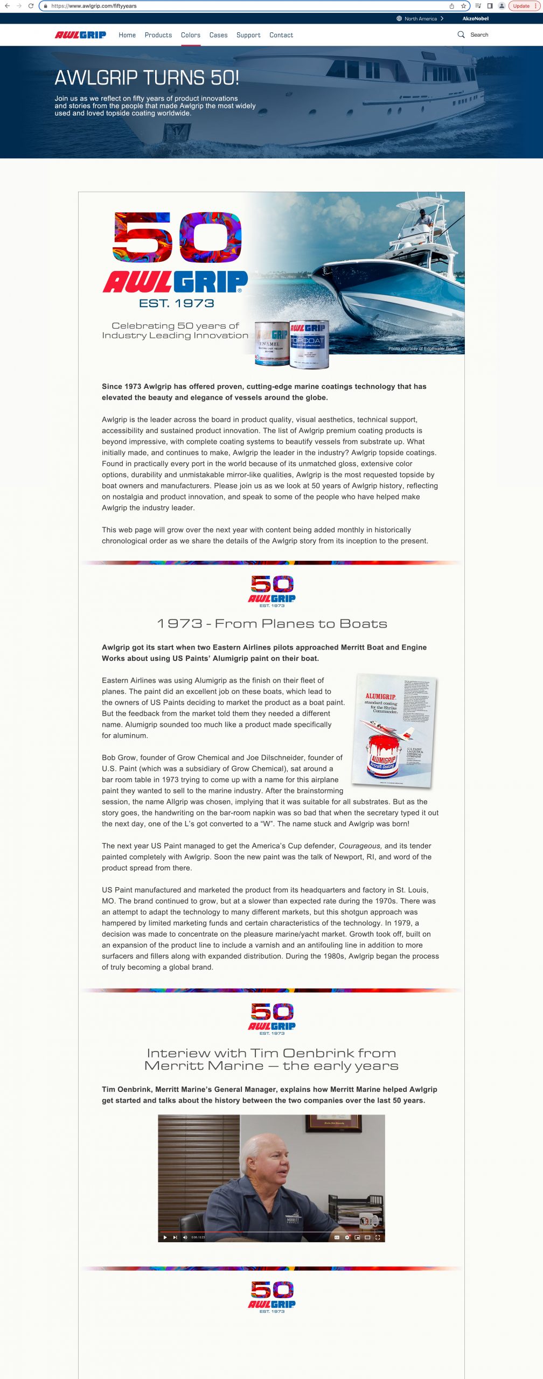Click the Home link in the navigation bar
tap(127, 35)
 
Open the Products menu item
tap(158, 35)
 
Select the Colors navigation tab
tap(191, 35)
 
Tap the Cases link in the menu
tap(218, 35)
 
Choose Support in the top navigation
tap(248, 35)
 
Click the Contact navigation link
tap(281, 35)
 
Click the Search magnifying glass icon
tap(461, 34)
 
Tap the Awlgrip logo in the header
tap(80, 35)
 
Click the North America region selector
tap(420, 18)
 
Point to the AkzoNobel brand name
tap(475, 18)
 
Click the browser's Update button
tap(523, 6)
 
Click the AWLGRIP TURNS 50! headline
tap(147, 78)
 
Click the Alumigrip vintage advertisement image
tap(393, 729)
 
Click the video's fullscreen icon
tap(378, 1237)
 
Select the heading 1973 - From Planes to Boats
tap(271, 624)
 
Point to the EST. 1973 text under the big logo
tap(176, 304)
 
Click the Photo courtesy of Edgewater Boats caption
tap(422, 349)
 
